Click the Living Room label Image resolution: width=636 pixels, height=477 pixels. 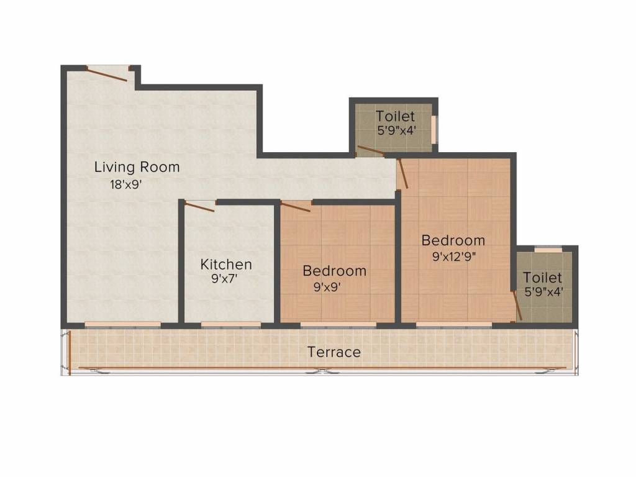(x=137, y=167)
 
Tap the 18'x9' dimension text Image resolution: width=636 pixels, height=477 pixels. (x=125, y=184)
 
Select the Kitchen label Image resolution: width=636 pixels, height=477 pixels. (x=226, y=265)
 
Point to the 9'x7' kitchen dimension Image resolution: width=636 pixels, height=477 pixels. (x=224, y=279)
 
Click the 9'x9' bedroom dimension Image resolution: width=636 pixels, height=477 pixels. (x=327, y=287)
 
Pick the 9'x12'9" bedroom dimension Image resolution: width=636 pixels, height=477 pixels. (x=453, y=257)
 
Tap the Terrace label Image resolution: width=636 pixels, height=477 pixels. (x=334, y=352)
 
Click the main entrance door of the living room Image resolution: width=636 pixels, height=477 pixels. (x=107, y=75)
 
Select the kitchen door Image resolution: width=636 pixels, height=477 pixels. (x=199, y=207)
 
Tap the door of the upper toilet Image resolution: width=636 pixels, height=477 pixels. (x=370, y=151)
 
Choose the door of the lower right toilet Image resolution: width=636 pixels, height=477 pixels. (x=516, y=305)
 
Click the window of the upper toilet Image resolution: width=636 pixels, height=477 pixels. (x=434, y=130)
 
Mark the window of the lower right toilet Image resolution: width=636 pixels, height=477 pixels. (x=548, y=248)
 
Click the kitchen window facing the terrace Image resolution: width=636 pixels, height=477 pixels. (x=231, y=325)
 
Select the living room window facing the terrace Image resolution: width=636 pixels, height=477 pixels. (x=123, y=325)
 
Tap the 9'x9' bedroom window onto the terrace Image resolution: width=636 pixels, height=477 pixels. (x=338, y=325)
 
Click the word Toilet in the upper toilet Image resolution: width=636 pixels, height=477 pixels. (x=395, y=116)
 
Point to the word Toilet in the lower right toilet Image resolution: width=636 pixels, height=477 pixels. (x=542, y=278)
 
